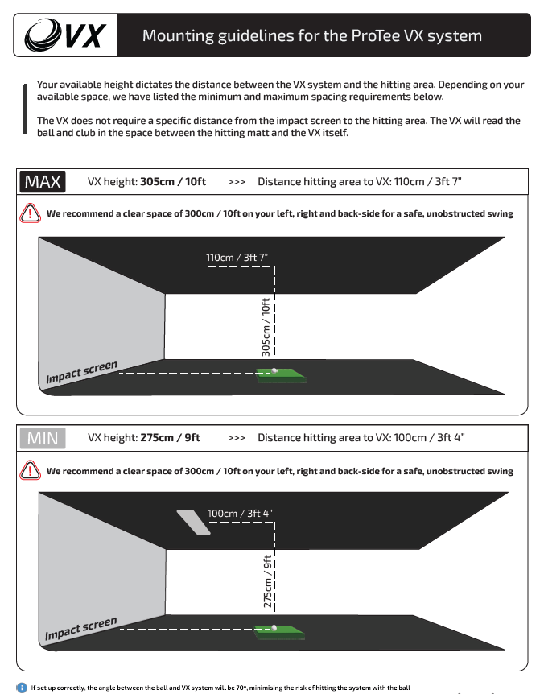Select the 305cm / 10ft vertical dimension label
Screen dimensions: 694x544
pos(266,326)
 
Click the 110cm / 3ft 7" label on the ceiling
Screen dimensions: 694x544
pos(237,258)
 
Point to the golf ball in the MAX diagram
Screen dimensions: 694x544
pos(275,371)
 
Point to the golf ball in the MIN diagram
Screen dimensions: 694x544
pos(275,627)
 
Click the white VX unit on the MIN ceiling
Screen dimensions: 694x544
pos(193,521)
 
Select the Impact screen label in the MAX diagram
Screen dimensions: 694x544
pos(81,372)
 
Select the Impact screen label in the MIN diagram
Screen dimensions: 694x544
pos(81,629)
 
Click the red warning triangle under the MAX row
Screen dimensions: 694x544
pos(31,214)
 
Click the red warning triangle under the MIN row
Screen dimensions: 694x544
pos(31,471)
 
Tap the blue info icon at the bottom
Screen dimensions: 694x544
pos(22,688)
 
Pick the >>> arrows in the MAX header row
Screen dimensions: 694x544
pos(237,182)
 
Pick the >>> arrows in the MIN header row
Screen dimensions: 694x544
pos(237,438)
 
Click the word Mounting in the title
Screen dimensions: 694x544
pos(177,36)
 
